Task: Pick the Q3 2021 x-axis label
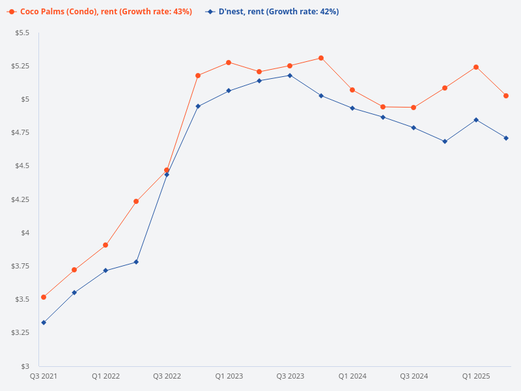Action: point(44,377)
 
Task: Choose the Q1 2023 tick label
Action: point(229,377)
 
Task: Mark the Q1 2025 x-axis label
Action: point(476,377)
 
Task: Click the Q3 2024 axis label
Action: point(414,377)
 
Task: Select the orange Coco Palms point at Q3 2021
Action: point(44,297)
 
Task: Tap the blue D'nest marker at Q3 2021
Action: point(44,323)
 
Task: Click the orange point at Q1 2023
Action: point(229,63)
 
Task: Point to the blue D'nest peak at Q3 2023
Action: point(290,76)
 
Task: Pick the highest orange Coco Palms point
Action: point(321,58)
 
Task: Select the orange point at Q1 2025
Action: point(476,67)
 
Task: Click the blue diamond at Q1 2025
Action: point(476,120)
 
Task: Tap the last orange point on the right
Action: point(506,96)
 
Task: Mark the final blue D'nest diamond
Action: point(506,138)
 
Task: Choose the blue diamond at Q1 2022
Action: point(106,270)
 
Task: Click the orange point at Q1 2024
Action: point(352,90)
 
